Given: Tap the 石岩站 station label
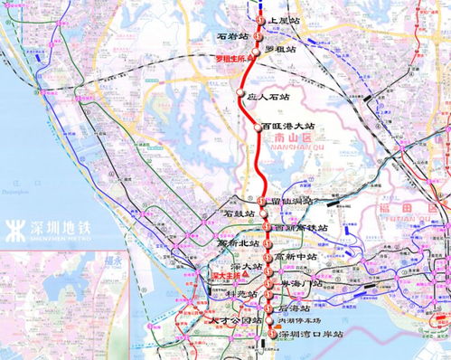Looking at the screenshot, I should (x=232, y=37).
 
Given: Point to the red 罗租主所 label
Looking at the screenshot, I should (x=233, y=59).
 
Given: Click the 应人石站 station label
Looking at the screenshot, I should (x=268, y=95).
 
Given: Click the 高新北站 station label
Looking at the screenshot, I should (x=239, y=243).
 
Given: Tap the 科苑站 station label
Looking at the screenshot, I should (x=240, y=294).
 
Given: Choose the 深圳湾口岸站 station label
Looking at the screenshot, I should (x=312, y=335).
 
